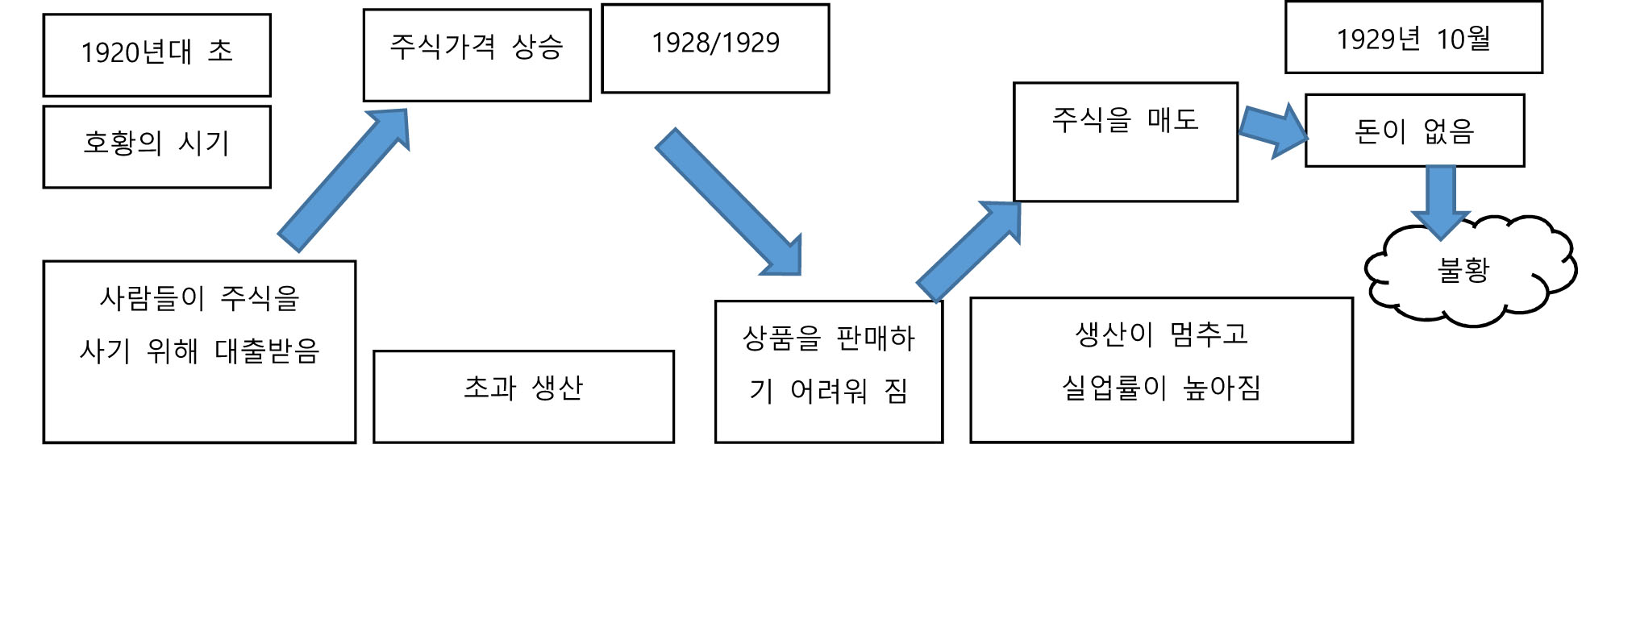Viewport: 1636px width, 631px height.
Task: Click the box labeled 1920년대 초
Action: (x=156, y=55)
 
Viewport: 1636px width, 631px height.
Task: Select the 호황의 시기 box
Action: (x=156, y=147)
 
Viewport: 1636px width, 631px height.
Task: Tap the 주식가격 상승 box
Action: (x=477, y=55)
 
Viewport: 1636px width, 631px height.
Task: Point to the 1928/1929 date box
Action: (x=715, y=48)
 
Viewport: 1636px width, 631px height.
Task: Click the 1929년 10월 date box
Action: (x=1413, y=38)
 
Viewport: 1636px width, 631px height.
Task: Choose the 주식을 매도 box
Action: (x=1125, y=142)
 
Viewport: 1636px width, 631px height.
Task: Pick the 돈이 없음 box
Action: (x=1414, y=131)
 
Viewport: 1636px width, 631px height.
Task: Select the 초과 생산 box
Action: (x=523, y=396)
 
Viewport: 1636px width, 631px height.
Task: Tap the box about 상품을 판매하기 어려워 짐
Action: (x=828, y=372)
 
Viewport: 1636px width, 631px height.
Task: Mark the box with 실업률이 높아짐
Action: (x=1160, y=370)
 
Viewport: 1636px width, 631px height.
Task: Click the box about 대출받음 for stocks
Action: (x=199, y=351)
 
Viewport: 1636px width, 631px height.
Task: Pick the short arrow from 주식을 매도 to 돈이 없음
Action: (x=1272, y=131)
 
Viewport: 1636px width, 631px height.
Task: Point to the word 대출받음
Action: (x=267, y=351)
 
